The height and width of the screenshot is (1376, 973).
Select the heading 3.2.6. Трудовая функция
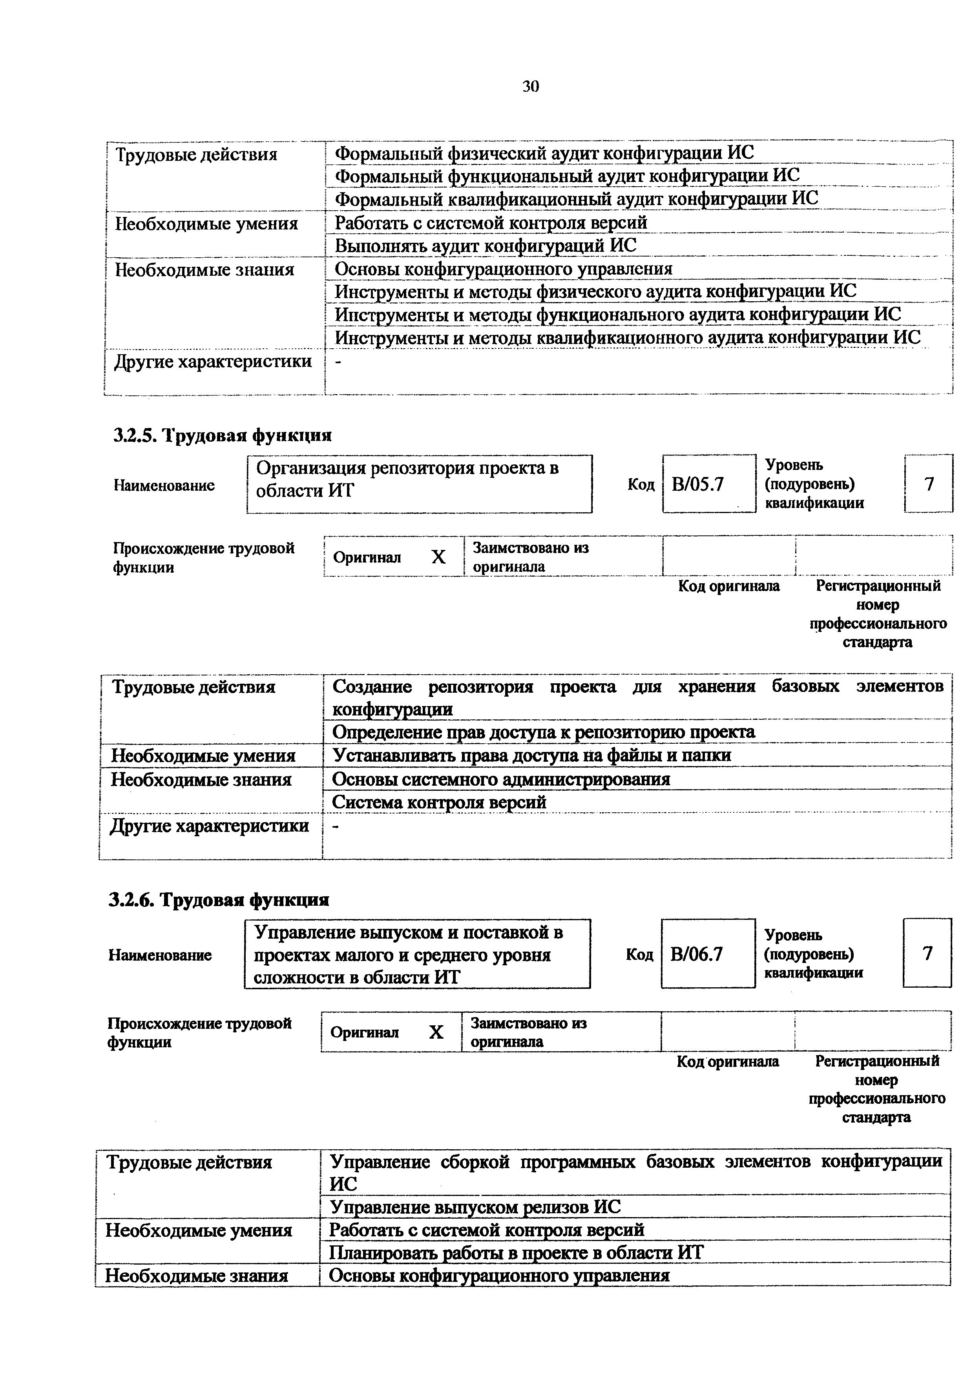[x=219, y=900]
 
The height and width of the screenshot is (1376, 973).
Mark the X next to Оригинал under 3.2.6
[x=436, y=1032]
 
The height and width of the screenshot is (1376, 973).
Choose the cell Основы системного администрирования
[x=500, y=779]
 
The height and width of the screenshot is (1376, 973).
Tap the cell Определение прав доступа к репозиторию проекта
[x=543, y=732]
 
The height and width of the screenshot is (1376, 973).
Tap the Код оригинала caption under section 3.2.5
[x=728, y=586]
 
